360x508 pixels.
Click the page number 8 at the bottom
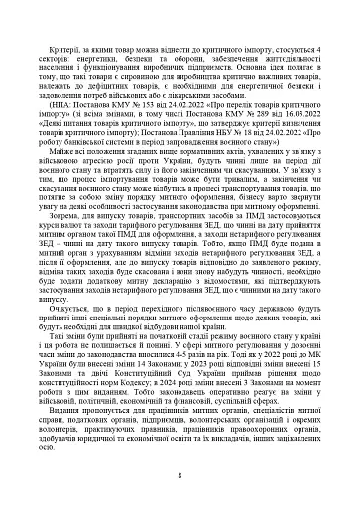[179, 476]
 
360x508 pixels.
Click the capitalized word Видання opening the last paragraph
[83, 424]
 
